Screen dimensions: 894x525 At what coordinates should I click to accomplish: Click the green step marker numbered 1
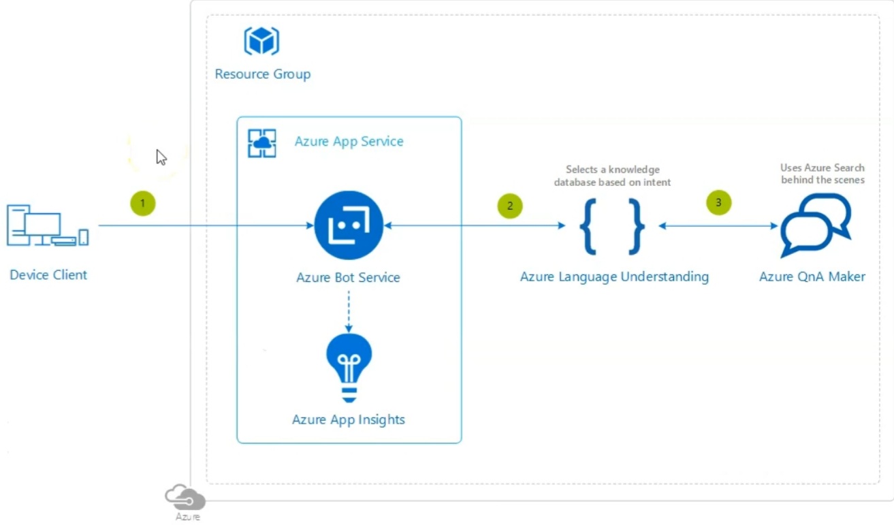coord(143,204)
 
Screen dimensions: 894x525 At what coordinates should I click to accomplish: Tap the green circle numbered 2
coord(510,206)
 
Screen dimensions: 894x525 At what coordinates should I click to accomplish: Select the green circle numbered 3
coord(719,203)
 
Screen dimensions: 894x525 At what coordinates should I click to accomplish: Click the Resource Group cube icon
coord(262,41)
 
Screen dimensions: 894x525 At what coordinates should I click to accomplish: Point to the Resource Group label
coord(263,74)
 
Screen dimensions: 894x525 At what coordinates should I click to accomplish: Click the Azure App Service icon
coord(262,143)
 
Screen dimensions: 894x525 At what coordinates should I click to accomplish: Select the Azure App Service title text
coord(349,142)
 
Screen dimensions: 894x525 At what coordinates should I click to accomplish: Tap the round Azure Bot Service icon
coord(349,225)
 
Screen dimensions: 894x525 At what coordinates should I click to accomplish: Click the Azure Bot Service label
coord(348,277)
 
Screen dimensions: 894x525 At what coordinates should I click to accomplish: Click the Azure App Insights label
coord(349,419)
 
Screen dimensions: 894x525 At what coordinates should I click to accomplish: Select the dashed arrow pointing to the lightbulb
coord(349,311)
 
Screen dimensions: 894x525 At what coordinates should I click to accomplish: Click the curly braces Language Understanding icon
coord(612,226)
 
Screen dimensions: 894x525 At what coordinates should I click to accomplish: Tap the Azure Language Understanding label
coord(614,276)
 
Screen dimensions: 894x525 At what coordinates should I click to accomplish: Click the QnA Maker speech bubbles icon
coord(816,225)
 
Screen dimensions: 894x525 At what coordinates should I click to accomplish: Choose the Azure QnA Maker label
coord(812,276)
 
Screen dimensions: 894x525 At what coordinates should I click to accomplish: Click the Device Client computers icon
coord(48,225)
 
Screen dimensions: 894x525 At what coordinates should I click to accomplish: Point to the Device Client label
coord(48,275)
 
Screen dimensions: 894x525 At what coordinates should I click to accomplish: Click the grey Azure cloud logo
coord(185,498)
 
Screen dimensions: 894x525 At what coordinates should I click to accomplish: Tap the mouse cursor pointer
coord(161,157)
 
